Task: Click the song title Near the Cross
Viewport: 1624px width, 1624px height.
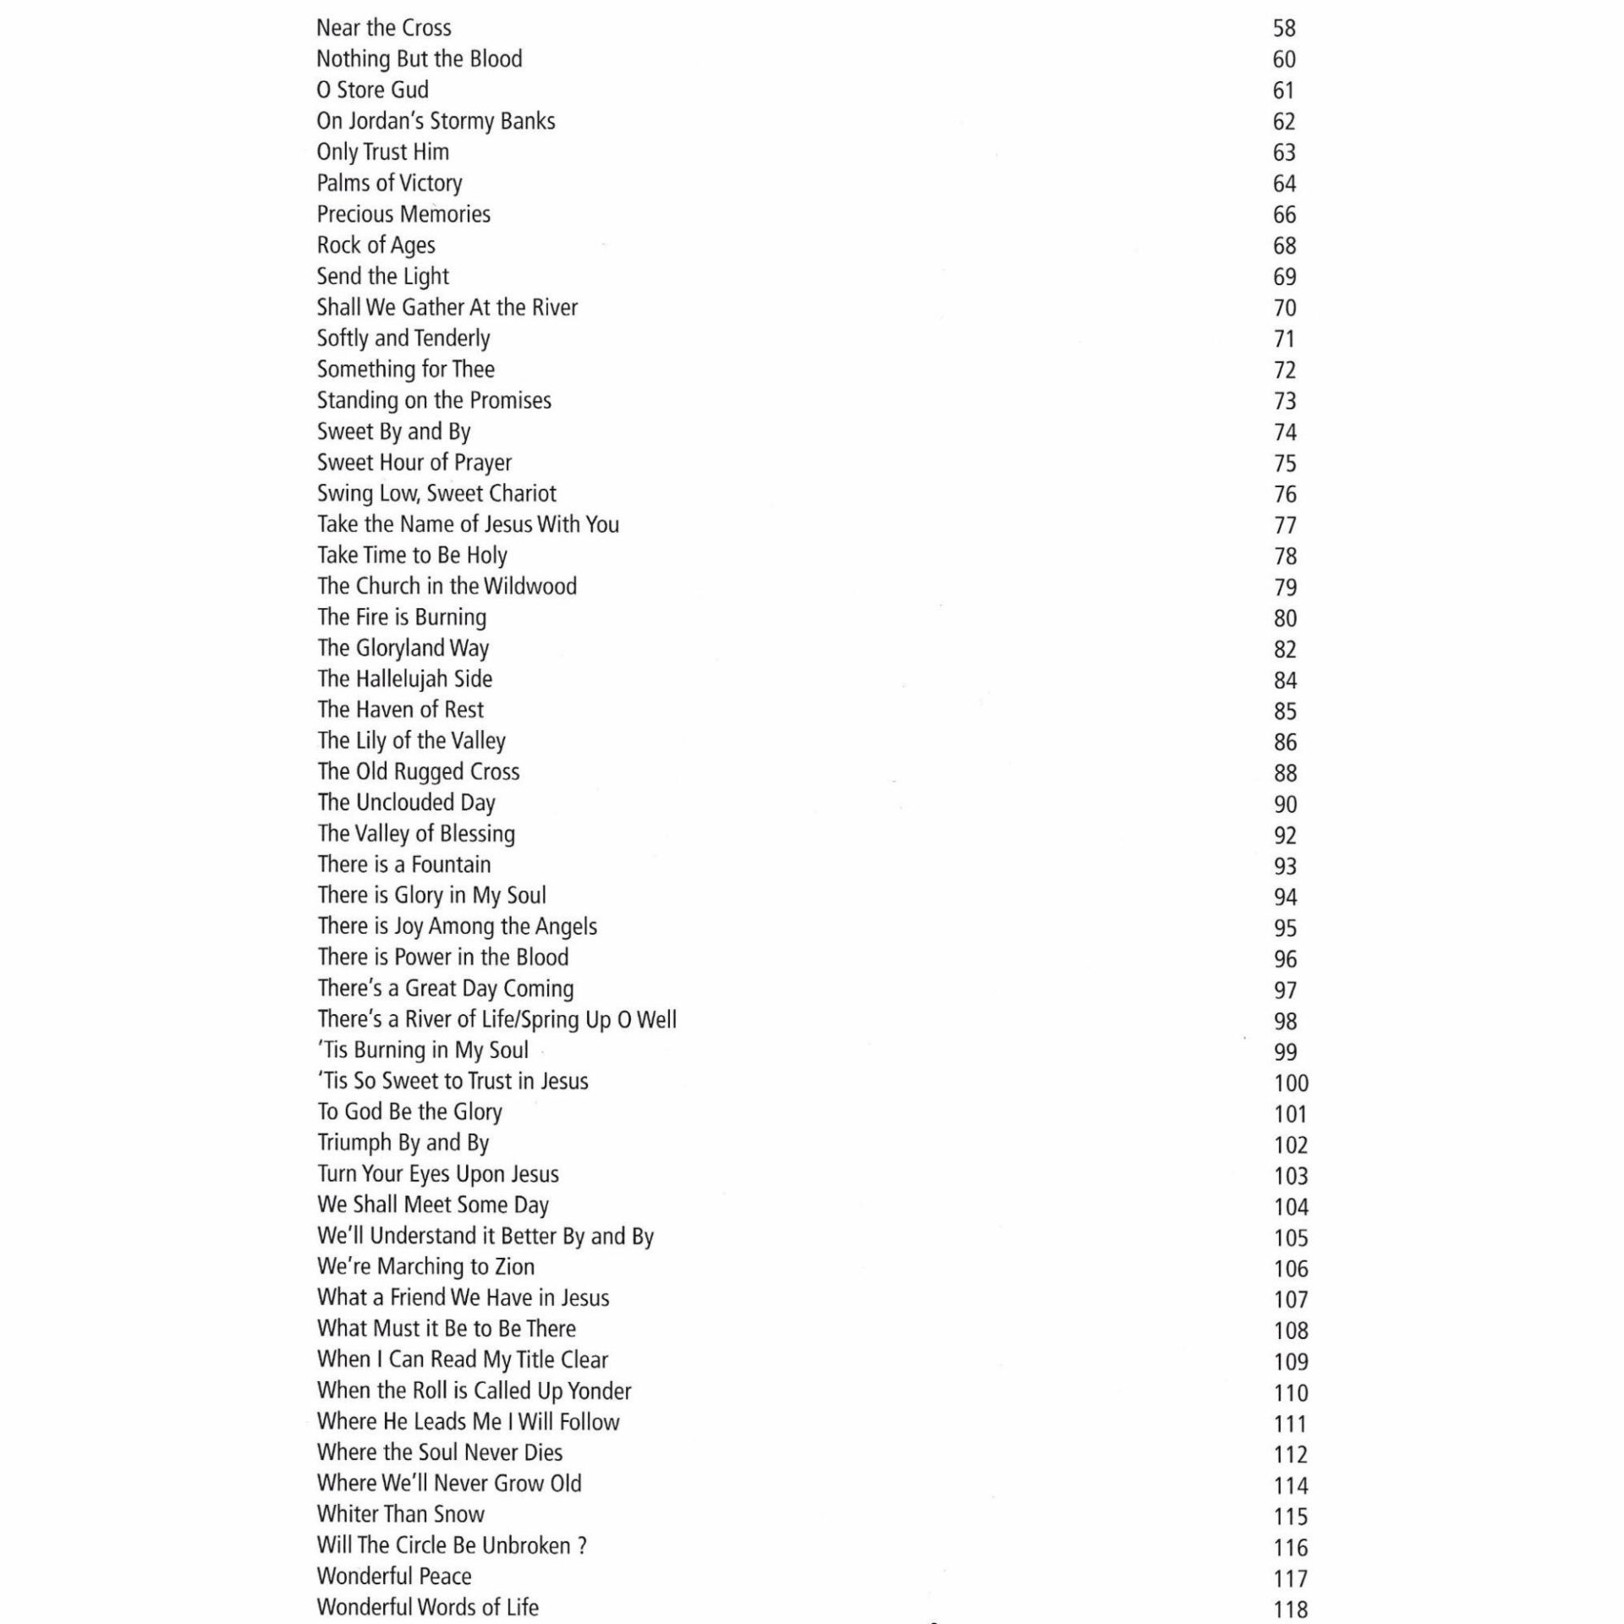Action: click(x=383, y=28)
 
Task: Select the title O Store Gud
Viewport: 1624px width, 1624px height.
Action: click(x=372, y=90)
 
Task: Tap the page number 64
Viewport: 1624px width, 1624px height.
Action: click(x=1284, y=184)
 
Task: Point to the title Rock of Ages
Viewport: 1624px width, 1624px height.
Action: click(x=376, y=245)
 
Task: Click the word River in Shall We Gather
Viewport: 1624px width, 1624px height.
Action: click(x=555, y=307)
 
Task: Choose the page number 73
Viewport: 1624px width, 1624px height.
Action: click(x=1285, y=401)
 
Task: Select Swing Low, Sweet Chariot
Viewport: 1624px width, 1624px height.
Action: click(x=436, y=493)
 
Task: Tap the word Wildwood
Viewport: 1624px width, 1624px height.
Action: click(x=530, y=586)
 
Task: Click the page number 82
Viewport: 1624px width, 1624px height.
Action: click(x=1285, y=650)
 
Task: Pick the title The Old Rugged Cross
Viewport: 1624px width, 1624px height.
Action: click(x=418, y=771)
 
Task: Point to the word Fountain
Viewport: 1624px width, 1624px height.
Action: click(x=451, y=864)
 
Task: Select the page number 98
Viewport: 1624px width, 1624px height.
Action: click(x=1285, y=1022)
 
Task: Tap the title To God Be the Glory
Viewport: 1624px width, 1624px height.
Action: click(x=409, y=1111)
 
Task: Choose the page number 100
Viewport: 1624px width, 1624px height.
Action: click(x=1291, y=1084)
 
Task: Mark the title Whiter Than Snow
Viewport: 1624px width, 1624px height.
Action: click(x=400, y=1514)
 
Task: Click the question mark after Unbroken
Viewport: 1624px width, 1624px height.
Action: click(x=582, y=1545)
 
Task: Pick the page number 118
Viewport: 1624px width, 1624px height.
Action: click(x=1291, y=1609)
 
